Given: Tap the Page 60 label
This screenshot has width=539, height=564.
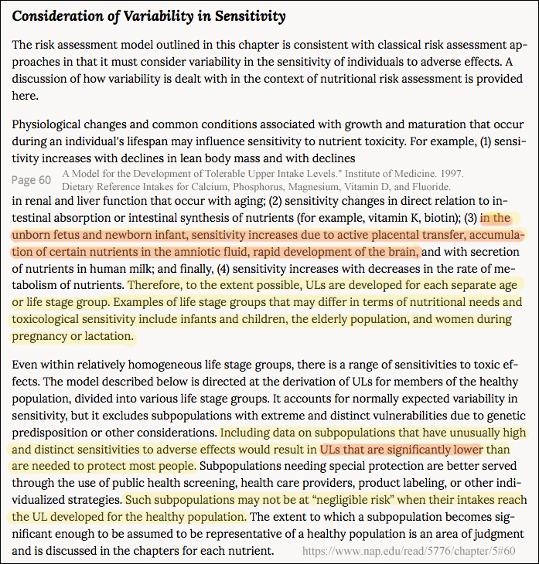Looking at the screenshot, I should tap(32, 180).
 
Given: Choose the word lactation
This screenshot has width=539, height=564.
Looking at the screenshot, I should tap(105, 336).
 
